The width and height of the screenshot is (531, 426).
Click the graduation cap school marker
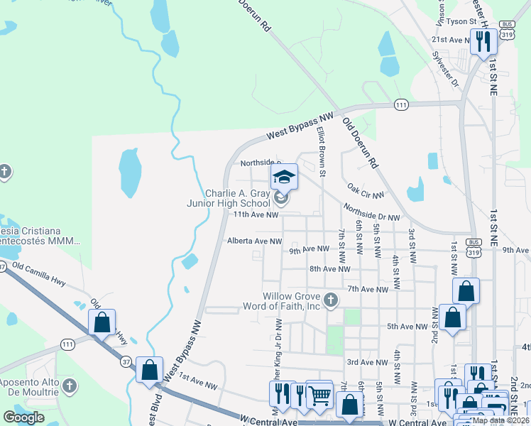tap(284, 177)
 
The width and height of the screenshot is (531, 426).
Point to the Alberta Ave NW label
tap(255, 241)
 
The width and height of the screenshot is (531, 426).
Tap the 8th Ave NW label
tap(330, 269)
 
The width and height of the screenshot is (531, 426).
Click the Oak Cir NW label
tap(366, 190)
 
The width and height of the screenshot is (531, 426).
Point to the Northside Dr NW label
tap(371, 212)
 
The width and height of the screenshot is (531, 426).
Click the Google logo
tap(23, 417)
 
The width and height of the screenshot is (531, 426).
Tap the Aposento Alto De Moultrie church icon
tap(69, 386)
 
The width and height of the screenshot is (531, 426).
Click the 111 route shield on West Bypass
tap(402, 105)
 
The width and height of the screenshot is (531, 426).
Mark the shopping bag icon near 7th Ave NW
tap(466, 291)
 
